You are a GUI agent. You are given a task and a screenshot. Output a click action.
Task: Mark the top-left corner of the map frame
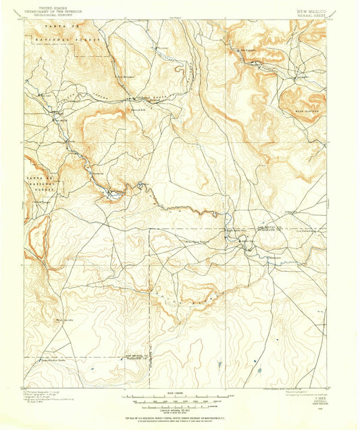[x=25, y=20]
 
